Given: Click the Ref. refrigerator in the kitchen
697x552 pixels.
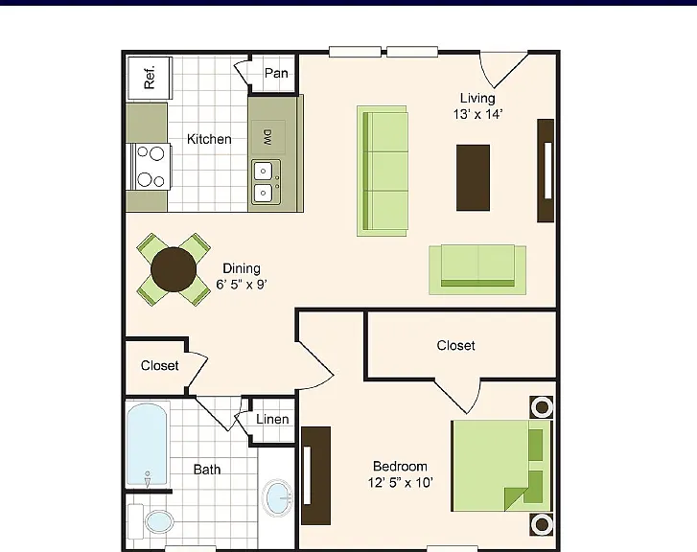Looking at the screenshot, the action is point(150,78).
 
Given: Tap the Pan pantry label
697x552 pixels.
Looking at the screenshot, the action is point(276,74).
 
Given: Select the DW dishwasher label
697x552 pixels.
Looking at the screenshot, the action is point(268,137).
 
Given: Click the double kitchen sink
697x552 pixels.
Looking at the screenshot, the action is point(267,182).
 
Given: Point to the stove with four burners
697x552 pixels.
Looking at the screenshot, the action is point(149,167).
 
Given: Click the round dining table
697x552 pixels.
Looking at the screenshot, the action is point(174,269).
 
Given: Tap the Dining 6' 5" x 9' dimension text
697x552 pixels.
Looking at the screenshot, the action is point(242,276).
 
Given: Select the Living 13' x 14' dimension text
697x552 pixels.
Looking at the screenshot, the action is point(477,106).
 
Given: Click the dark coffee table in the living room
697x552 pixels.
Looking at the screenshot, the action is point(473,177).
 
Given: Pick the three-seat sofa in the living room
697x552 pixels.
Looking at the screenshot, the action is point(383,172).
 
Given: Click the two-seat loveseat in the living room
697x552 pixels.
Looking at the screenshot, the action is point(477,270).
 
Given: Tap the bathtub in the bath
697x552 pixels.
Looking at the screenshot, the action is point(147,445).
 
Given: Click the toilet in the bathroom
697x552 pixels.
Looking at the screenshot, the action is point(151,521).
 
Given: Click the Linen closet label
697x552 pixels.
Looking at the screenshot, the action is point(272,419).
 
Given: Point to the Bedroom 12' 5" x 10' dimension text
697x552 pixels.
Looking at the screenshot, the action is point(401,474).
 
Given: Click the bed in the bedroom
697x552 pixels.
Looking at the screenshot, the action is point(502,466).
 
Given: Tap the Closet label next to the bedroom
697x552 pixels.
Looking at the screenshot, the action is point(455,346).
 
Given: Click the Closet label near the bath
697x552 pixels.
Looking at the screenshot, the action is point(159,366).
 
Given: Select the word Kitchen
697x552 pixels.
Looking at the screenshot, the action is point(209,139).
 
